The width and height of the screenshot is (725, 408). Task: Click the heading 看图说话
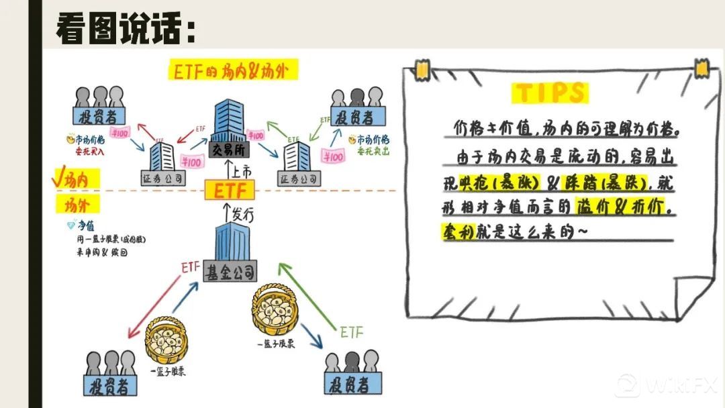(125, 28)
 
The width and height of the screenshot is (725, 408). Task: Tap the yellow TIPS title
(550, 93)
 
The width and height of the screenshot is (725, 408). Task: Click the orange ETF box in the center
(230, 191)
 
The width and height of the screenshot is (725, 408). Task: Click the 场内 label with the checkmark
(79, 179)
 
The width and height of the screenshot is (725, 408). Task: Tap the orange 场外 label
(79, 202)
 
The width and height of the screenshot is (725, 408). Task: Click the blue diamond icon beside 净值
(70, 225)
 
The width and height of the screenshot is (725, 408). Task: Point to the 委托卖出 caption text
(373, 152)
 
